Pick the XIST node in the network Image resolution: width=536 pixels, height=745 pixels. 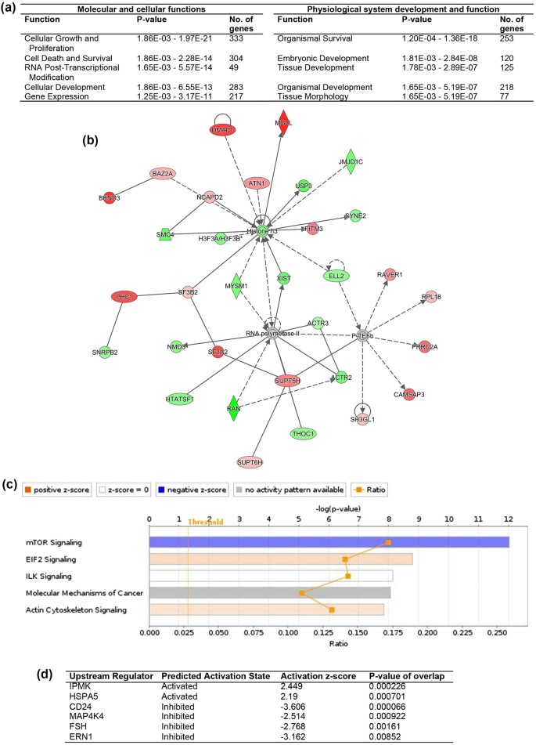tap(284, 278)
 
